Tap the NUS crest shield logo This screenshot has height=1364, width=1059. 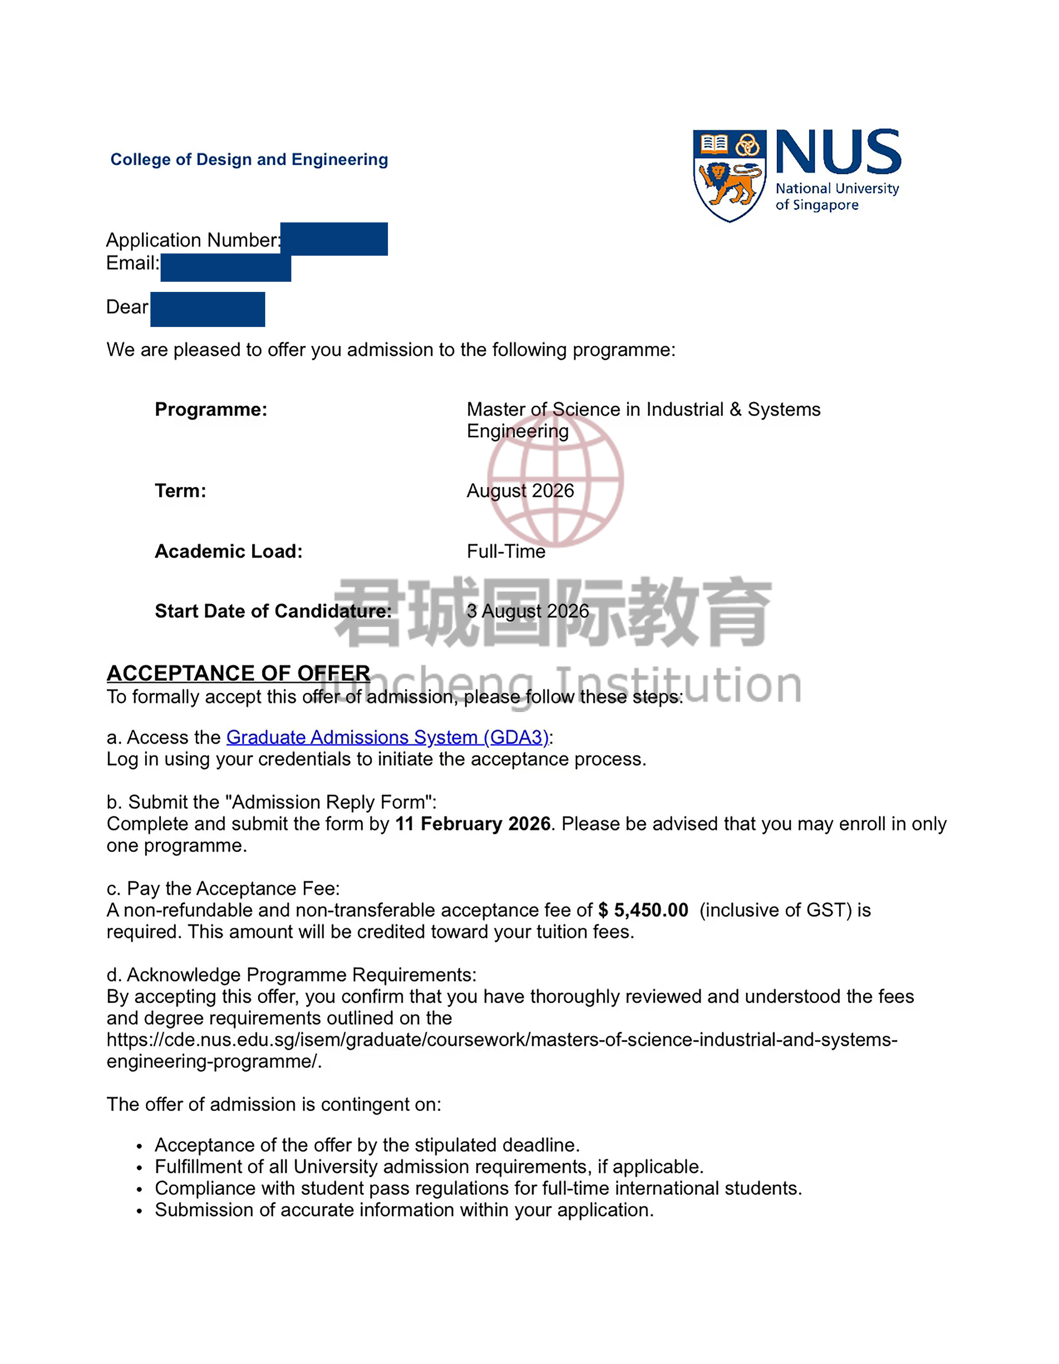729,175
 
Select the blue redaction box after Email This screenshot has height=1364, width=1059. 226,267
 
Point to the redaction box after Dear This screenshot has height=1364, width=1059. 207,309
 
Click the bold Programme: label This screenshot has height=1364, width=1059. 211,410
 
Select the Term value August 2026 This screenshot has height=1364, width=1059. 520,491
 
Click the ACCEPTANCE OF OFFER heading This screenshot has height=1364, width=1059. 238,673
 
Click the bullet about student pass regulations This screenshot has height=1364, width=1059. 478,1189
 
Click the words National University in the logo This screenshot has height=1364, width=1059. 837,189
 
